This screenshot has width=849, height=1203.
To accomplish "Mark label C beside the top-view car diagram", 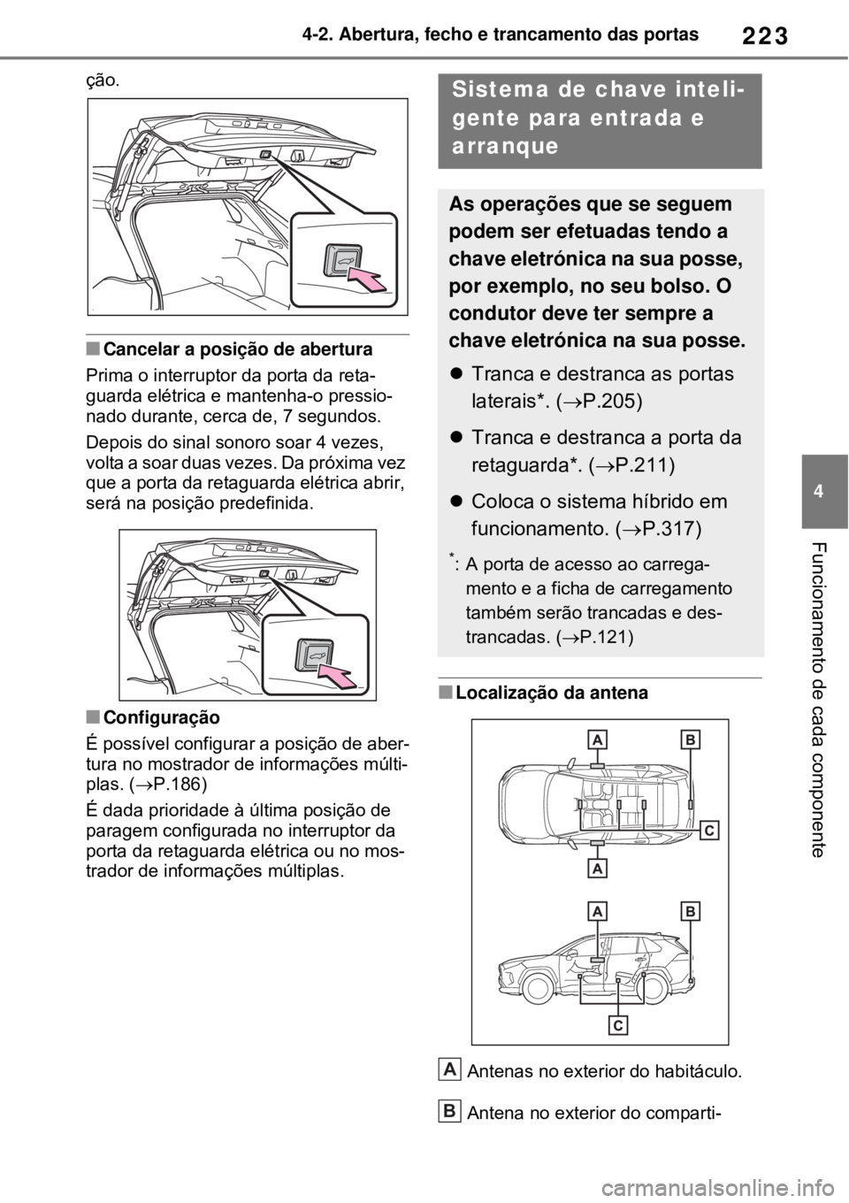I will [x=711, y=830].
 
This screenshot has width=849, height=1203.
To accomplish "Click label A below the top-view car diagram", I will [x=599, y=868].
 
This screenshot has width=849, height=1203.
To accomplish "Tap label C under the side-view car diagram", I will [x=618, y=1024].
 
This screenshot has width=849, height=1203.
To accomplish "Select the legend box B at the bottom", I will [x=449, y=1108].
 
